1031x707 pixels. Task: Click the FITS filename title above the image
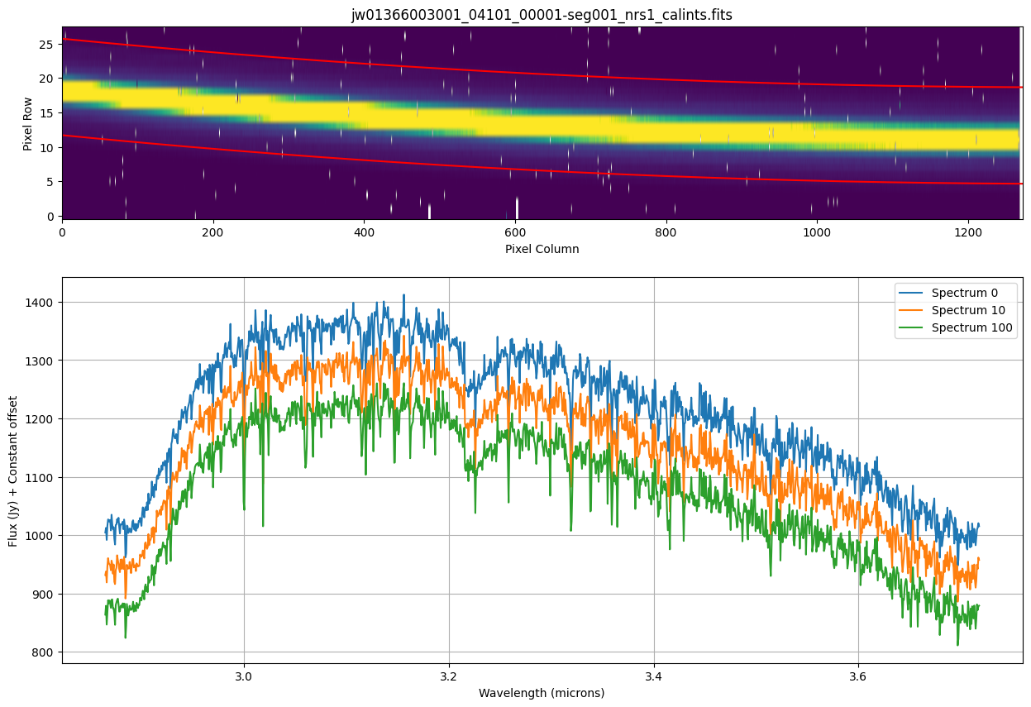point(542,15)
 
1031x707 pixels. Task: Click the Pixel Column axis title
point(542,248)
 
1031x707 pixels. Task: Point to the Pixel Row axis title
point(28,122)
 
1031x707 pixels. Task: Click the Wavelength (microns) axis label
point(542,693)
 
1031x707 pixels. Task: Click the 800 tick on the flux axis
point(43,652)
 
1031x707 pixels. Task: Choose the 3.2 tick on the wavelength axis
point(449,676)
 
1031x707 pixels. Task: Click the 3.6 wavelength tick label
point(858,676)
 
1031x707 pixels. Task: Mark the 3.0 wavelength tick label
point(244,676)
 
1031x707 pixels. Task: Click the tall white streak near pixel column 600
point(517,208)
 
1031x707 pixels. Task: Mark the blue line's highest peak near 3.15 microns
point(403,295)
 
